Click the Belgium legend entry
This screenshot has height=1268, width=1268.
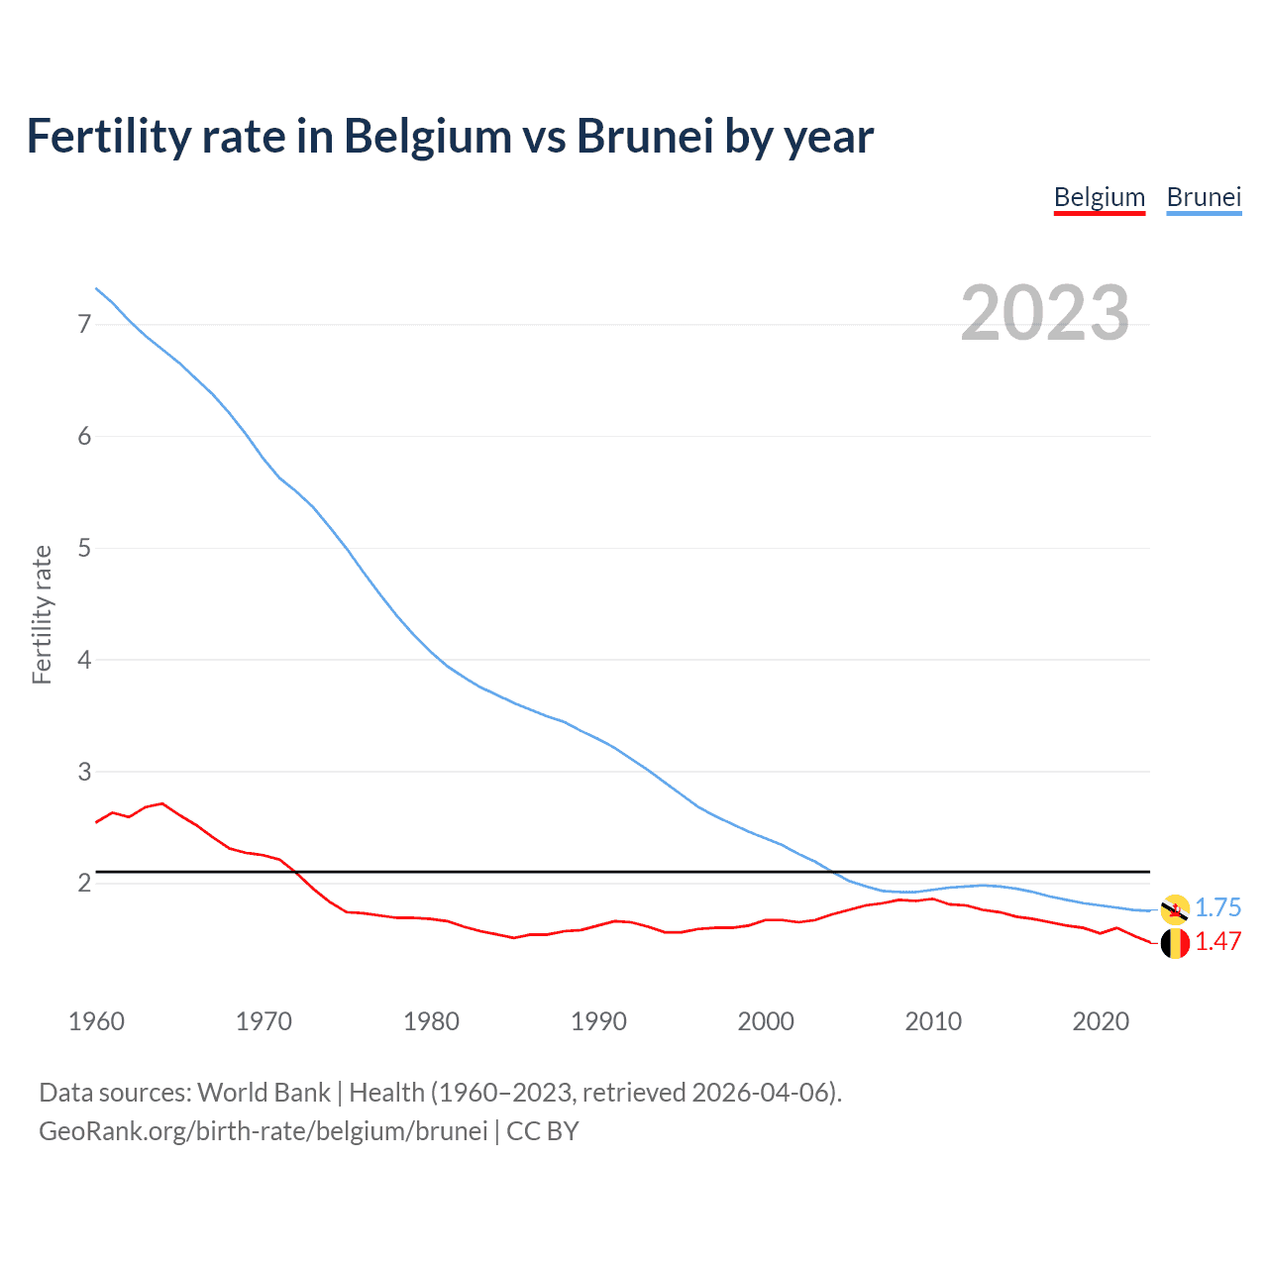[1099, 197]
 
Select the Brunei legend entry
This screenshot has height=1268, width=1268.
[1204, 197]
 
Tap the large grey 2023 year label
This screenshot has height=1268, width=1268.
[1044, 313]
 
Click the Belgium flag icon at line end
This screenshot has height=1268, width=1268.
[1175, 943]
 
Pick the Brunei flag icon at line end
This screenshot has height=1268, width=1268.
[1175, 908]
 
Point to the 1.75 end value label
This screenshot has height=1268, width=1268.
[1217, 907]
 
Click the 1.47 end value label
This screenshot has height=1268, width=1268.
[1217, 941]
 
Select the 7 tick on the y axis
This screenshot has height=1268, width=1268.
[84, 324]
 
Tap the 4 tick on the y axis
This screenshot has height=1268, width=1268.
[84, 660]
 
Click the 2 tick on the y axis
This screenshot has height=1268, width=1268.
[84, 883]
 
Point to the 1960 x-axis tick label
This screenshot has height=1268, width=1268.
[96, 1021]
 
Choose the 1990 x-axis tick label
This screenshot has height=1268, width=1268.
[598, 1021]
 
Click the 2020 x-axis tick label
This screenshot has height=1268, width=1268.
[1101, 1021]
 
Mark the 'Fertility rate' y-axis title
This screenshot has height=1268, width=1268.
[42, 614]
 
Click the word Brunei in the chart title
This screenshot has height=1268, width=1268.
[644, 136]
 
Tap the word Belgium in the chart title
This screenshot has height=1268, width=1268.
[428, 136]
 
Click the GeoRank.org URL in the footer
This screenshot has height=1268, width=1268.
[263, 1131]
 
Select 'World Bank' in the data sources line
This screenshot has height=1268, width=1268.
[264, 1093]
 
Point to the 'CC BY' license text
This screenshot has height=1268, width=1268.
[542, 1131]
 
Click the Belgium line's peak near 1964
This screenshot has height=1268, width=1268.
[162, 803]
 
